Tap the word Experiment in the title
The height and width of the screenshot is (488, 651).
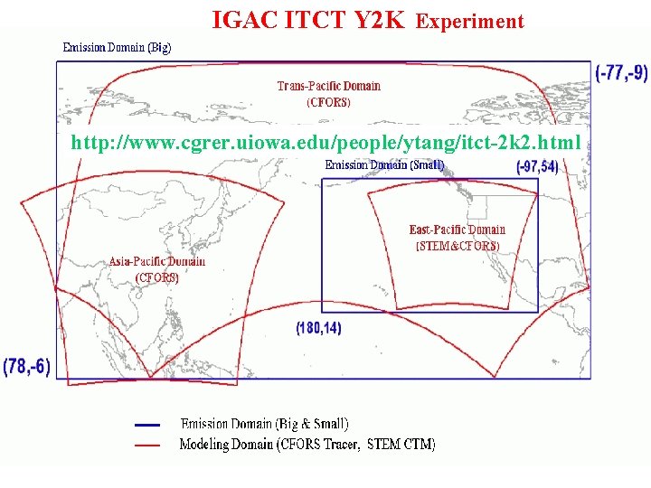pyautogui.click(x=469, y=21)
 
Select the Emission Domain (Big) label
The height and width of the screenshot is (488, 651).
pyautogui.click(x=117, y=47)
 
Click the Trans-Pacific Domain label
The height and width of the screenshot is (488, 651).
pyautogui.click(x=328, y=87)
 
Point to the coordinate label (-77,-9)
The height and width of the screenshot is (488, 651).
pyautogui.click(x=622, y=72)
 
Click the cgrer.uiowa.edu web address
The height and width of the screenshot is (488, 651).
pyautogui.click(x=325, y=143)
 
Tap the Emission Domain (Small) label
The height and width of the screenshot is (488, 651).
pyautogui.click(x=384, y=165)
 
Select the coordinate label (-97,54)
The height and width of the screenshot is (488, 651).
pyautogui.click(x=537, y=167)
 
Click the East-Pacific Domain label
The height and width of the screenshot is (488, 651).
pyautogui.click(x=457, y=230)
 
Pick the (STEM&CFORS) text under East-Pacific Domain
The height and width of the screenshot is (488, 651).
pyautogui.click(x=457, y=245)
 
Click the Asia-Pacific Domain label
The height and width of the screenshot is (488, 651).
pyautogui.click(x=157, y=262)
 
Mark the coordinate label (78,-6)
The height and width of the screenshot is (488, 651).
pyautogui.click(x=27, y=366)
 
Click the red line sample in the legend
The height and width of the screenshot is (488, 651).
pyautogui.click(x=146, y=445)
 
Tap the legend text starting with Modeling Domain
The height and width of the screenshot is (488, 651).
pyautogui.click(x=307, y=445)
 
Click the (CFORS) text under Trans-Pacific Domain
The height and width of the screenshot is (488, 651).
pyautogui.click(x=328, y=102)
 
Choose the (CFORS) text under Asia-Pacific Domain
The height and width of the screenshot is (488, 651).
pyautogui.click(x=157, y=277)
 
